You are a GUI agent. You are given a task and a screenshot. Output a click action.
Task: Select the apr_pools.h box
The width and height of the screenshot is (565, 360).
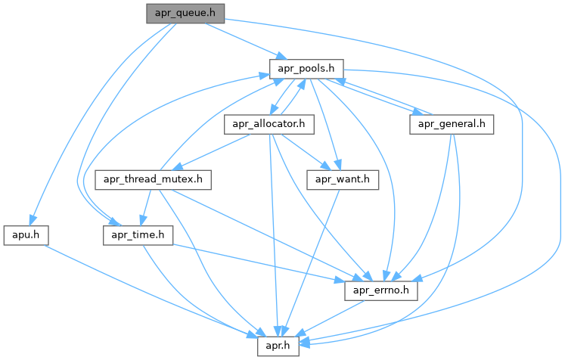(307, 69)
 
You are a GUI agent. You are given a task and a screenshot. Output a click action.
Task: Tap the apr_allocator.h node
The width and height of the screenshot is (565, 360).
(269, 124)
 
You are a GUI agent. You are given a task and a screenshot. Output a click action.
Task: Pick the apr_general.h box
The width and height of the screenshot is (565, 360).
(452, 124)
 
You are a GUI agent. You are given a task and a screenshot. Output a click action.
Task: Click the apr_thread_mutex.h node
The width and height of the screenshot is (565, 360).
(154, 180)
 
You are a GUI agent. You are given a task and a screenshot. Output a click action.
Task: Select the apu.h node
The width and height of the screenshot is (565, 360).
(26, 235)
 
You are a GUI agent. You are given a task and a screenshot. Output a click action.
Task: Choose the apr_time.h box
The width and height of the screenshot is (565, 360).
(138, 235)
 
